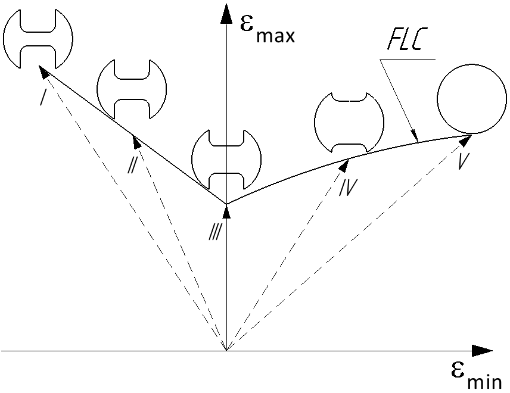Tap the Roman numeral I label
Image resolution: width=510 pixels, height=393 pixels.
(x=43, y=95)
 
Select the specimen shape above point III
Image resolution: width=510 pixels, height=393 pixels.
(x=226, y=158)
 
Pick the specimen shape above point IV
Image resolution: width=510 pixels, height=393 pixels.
(x=345, y=123)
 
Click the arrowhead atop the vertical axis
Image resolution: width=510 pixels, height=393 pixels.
(x=226, y=13)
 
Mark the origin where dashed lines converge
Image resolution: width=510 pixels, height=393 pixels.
(x=226, y=351)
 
